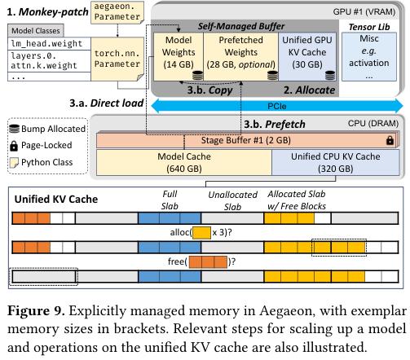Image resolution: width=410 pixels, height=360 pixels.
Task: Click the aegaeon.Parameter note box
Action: click(x=117, y=12)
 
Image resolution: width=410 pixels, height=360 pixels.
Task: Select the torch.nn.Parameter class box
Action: click(x=117, y=59)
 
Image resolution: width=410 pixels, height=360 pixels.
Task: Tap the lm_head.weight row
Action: click(x=49, y=43)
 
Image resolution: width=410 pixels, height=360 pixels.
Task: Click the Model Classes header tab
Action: click(x=36, y=30)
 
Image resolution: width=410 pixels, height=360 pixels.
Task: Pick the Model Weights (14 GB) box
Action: click(x=179, y=56)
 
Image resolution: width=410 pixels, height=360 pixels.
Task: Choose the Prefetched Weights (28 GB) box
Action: click(x=240, y=56)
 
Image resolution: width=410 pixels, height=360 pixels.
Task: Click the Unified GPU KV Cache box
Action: click(x=307, y=56)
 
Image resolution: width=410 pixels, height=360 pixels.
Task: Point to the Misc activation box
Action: click(x=369, y=56)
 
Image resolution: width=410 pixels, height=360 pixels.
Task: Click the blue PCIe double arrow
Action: click(x=277, y=106)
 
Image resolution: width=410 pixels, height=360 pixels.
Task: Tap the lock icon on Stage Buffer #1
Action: click(x=390, y=140)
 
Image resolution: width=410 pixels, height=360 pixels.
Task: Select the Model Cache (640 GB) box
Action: click(x=184, y=162)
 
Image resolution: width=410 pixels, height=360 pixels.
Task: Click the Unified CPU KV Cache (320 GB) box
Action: click(x=336, y=162)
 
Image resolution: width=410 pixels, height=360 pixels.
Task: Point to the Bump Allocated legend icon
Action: click(x=15, y=129)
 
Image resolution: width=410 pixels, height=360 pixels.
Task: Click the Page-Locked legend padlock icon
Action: click(x=14, y=146)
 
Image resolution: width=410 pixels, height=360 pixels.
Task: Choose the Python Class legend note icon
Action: click(x=14, y=162)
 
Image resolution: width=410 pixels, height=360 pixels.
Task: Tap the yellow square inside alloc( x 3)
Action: click(x=201, y=233)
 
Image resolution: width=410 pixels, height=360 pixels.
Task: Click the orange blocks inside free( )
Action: click(x=208, y=262)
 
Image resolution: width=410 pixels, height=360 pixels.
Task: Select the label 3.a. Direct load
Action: click(x=107, y=103)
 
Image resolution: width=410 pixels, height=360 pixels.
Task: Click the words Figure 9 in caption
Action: click(x=36, y=311)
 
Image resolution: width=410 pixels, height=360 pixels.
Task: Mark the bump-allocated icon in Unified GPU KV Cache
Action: click(x=330, y=75)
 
